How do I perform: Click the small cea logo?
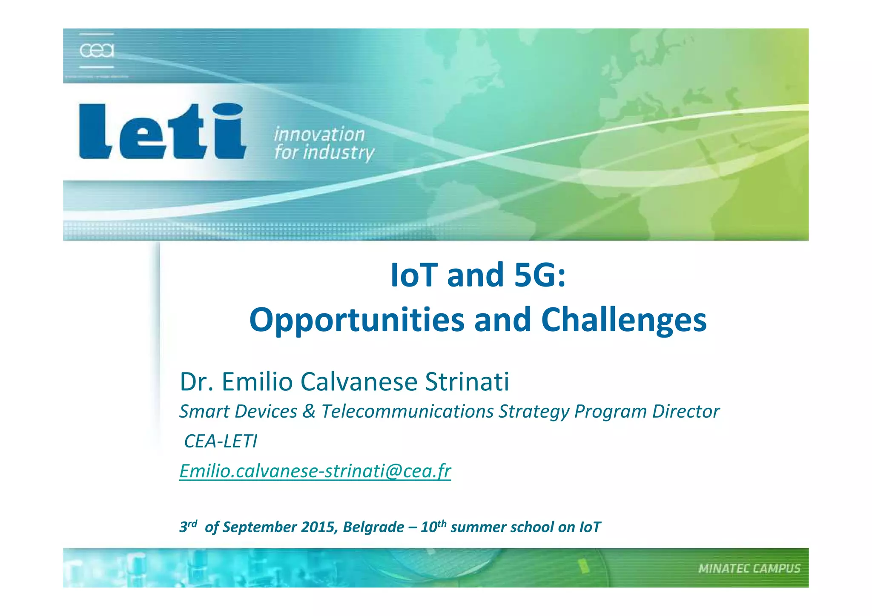97,51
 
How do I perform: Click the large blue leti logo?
162,131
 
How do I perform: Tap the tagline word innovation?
319,135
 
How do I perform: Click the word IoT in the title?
413,275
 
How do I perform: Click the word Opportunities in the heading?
357,320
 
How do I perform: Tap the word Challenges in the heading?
624,320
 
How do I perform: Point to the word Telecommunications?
407,411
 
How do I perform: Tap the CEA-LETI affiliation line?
221,441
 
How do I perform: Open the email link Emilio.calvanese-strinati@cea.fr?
315,471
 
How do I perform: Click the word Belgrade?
373,527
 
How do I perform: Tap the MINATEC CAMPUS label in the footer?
749,569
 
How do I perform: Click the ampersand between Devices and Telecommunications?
309,411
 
